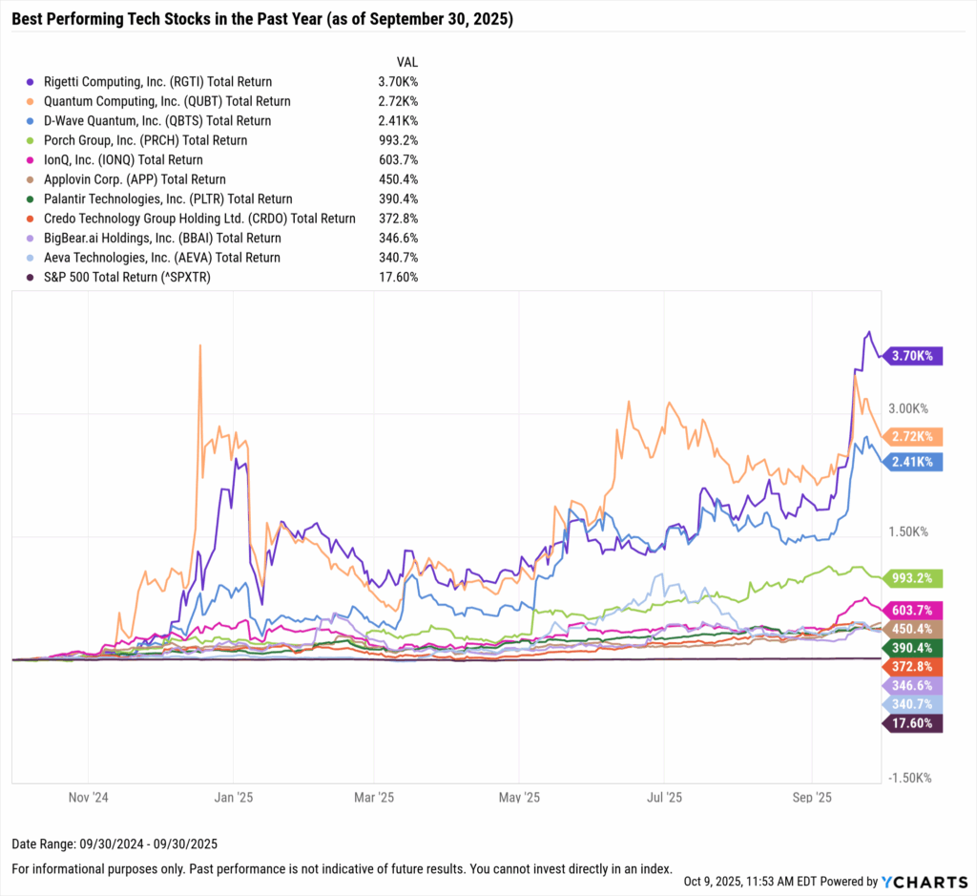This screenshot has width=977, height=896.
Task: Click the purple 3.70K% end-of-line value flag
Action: (915, 356)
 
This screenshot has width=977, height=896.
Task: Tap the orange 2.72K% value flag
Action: (915, 437)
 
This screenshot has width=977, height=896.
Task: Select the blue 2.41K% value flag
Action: (915, 462)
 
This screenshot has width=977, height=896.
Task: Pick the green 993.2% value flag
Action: (915, 578)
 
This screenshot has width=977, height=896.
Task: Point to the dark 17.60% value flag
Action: (915, 723)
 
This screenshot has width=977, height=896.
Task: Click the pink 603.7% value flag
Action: (915, 610)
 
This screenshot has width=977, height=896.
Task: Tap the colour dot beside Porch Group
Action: (32, 140)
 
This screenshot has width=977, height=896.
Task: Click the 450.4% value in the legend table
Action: (397, 179)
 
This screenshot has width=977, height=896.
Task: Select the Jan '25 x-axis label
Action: (232, 795)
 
